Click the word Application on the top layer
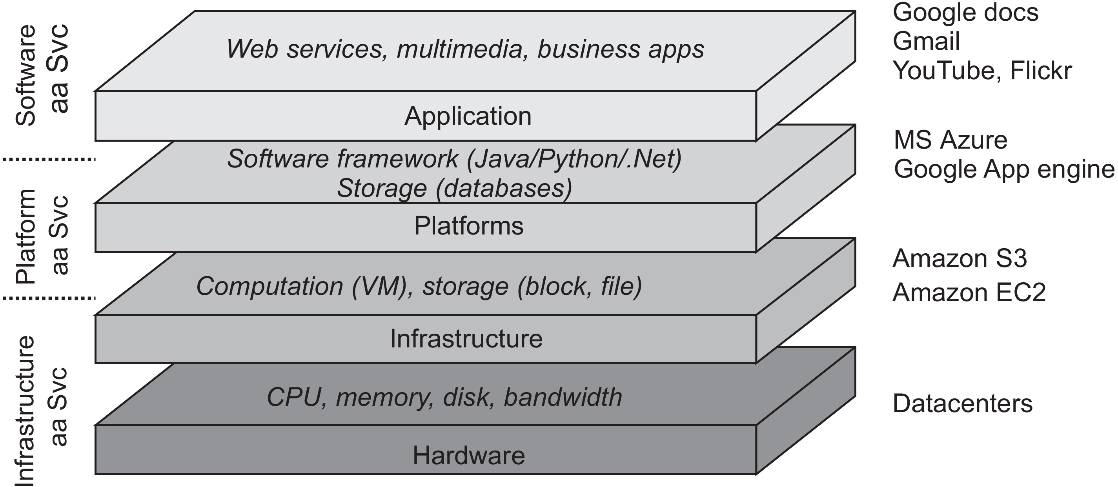point(468,116)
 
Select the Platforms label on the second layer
point(469,226)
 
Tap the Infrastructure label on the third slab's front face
point(466,339)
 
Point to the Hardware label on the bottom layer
point(469,456)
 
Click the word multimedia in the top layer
point(460,49)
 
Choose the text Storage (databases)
point(454,189)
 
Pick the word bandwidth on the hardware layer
point(563,397)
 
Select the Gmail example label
point(926,42)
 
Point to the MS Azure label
point(950,140)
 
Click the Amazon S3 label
point(960,258)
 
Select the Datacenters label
point(963,404)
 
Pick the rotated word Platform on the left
point(25,236)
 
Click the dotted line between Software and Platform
point(49,160)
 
